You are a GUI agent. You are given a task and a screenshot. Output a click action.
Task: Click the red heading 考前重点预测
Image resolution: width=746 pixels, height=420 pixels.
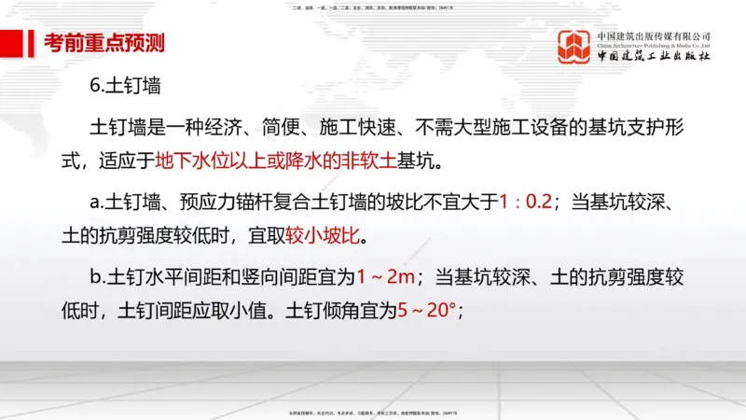pos(104,43)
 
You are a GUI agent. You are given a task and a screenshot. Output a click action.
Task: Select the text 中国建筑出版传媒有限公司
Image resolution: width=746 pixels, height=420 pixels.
pos(655,36)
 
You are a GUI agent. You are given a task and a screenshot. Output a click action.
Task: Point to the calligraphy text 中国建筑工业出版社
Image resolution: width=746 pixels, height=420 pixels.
pos(655,57)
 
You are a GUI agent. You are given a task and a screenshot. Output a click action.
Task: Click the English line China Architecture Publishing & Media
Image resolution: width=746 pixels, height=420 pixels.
pos(655,46)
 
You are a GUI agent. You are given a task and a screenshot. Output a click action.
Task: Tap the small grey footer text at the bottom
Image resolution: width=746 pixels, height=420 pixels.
pos(372,412)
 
